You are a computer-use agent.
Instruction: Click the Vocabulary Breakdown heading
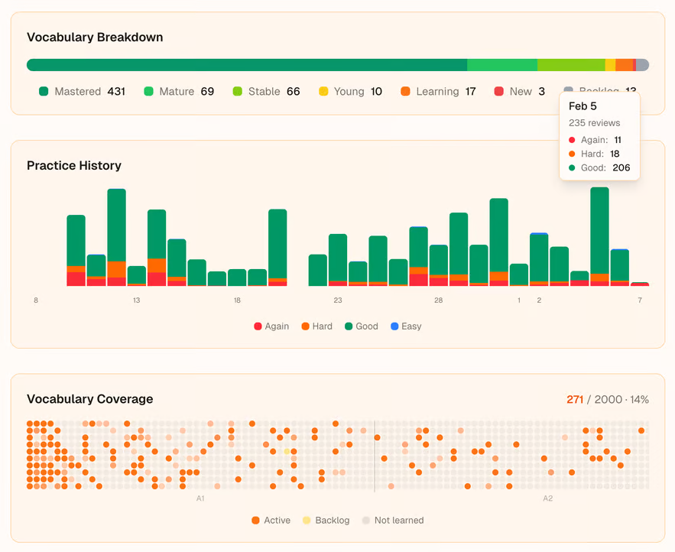point(95,37)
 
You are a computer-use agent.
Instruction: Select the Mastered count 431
point(116,92)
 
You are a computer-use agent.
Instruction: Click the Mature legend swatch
point(149,92)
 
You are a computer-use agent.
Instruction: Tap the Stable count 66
point(294,92)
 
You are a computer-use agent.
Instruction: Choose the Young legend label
point(349,92)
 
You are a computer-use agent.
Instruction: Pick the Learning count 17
point(470,92)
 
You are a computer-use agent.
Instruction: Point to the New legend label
point(521,92)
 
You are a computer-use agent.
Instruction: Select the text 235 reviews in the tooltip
point(594,123)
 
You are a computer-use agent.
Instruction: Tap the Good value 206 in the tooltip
point(621,168)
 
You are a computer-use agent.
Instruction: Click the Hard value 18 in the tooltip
point(615,154)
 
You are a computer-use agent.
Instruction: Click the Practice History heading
point(74,166)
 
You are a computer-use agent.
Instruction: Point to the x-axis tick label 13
point(136,300)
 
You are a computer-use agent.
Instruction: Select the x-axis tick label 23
point(338,300)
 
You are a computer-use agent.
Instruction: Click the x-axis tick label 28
point(438,300)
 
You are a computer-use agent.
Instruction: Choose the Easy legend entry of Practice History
point(405,326)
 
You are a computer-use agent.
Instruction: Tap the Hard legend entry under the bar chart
point(316,326)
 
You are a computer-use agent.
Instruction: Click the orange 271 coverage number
point(575,400)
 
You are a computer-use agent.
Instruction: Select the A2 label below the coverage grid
point(548,498)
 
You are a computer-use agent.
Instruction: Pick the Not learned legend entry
point(392,521)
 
